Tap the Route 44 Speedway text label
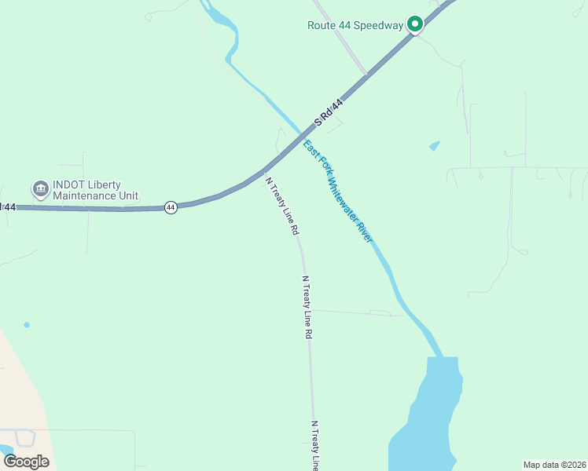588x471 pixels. pyautogui.click(x=355, y=25)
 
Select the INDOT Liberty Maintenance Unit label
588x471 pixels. pyautogui.click(x=95, y=190)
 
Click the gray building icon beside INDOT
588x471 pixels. pyautogui.click(x=39, y=189)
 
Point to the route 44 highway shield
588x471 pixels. pyautogui.click(x=171, y=207)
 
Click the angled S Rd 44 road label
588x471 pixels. pyautogui.click(x=329, y=112)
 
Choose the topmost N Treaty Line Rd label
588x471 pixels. pyautogui.click(x=282, y=206)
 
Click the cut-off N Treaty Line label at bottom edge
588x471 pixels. pyautogui.click(x=315, y=445)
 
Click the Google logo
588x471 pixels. pyautogui.click(x=26, y=461)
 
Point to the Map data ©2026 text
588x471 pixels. pyautogui.click(x=553, y=464)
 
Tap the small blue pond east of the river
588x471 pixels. pyautogui.click(x=435, y=146)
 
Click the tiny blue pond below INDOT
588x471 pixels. pyautogui.click(x=27, y=324)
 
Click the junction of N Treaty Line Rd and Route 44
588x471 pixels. pyautogui.click(x=265, y=169)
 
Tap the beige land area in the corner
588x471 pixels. pyautogui.click(x=20, y=392)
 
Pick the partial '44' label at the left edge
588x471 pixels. pyautogui.click(x=8, y=206)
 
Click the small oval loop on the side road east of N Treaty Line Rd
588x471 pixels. pyautogui.click(x=380, y=313)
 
